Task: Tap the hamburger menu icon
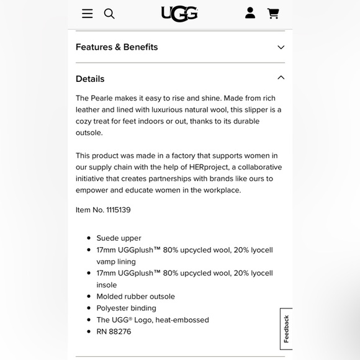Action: pos(88,14)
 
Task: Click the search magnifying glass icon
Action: pos(109,14)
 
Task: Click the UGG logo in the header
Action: pos(179,14)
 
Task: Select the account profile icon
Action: pos(250,13)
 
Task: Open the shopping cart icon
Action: pos(273,13)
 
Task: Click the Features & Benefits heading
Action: pos(117,47)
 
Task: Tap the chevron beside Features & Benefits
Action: pos(281,47)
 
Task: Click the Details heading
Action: pos(90,79)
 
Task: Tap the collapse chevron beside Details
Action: pos(281,78)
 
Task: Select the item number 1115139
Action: pos(119,210)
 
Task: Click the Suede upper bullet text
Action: pos(119,238)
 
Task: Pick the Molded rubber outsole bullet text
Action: pos(135,297)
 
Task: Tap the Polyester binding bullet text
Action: pos(126,308)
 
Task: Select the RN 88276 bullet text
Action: pos(114,331)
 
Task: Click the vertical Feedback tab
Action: pos(286,329)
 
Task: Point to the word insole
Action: pos(106,285)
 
